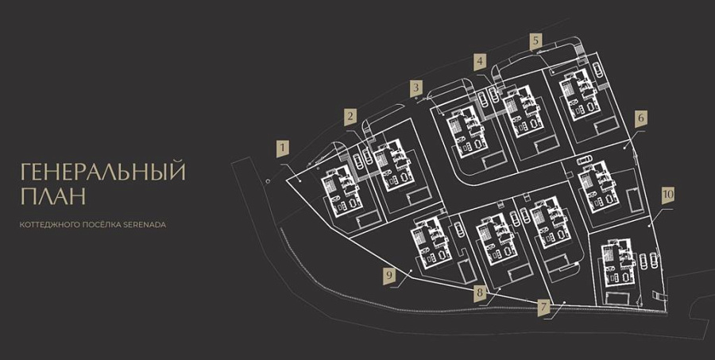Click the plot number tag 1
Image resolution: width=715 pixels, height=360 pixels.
[283, 149]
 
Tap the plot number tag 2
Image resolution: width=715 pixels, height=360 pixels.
[350, 117]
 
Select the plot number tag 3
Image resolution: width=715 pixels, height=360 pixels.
[415, 88]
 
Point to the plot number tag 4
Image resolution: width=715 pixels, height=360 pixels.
[480, 62]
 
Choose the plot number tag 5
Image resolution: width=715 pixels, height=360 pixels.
[536, 41]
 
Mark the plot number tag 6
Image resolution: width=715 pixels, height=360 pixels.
[641, 118]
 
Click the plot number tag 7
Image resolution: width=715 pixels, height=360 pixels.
[543, 308]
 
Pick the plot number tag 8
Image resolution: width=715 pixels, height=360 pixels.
[480, 292]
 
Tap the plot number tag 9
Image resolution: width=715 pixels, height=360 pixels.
[389, 276]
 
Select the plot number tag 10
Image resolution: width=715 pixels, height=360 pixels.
[668, 195]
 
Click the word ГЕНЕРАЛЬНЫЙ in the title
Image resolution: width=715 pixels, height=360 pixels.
[103, 172]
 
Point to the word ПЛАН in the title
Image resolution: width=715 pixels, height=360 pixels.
[53, 197]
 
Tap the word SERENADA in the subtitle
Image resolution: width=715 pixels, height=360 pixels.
[145, 225]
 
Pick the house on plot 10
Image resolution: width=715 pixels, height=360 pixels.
[619, 262]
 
